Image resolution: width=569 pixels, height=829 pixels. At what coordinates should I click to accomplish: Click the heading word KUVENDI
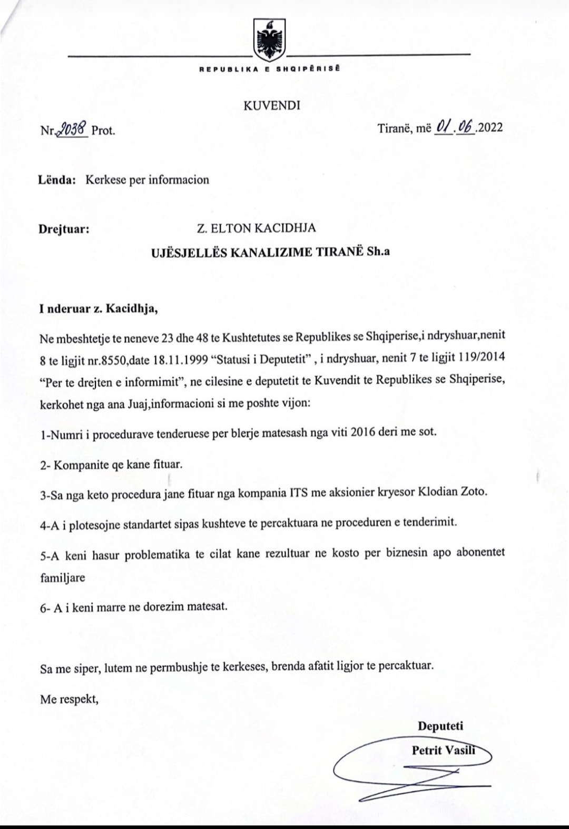pyautogui.click(x=272, y=105)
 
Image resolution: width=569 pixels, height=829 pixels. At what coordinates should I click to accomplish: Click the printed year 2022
pyautogui.click(x=490, y=128)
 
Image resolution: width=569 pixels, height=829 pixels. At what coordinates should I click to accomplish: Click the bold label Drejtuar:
pyautogui.click(x=64, y=229)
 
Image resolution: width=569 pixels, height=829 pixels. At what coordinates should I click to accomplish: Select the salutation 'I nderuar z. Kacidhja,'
pyautogui.click(x=99, y=309)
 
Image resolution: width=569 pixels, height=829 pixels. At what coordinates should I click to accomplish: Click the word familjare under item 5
pyautogui.click(x=63, y=577)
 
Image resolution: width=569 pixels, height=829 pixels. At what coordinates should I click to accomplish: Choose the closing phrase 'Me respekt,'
pyautogui.click(x=69, y=700)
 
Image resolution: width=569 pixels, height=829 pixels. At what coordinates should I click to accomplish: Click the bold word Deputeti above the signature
pyautogui.click(x=440, y=726)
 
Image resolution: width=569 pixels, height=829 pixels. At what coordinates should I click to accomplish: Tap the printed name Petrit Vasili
pyautogui.click(x=443, y=750)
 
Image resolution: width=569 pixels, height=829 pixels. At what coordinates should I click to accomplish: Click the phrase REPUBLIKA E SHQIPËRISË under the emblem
pyautogui.click(x=269, y=69)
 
